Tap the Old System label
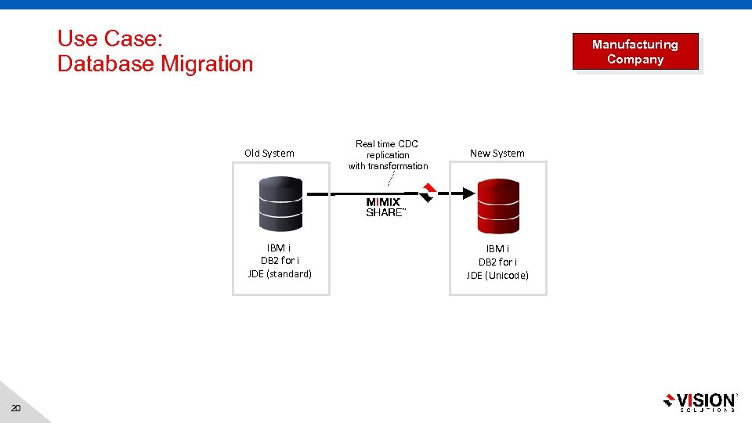269,154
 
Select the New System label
497,154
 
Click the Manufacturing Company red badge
635,52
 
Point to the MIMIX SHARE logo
385,208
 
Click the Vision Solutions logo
700,402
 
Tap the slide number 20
17,409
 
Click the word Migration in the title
207,64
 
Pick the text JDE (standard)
280,274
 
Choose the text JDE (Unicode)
497,275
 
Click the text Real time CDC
387,144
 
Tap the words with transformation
389,166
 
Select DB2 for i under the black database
280,261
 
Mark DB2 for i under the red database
497,262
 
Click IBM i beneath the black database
280,248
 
